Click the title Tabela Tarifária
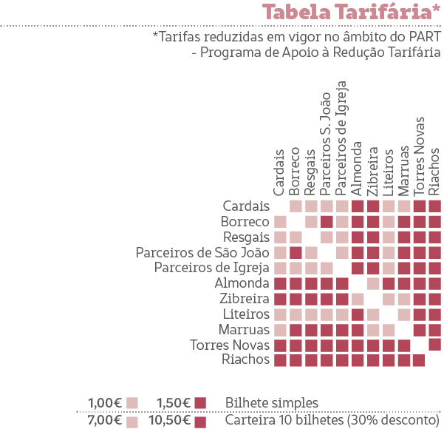tap(351, 12)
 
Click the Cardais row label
tap(246, 206)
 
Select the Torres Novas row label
tap(230, 345)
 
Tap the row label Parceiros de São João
tap(202, 252)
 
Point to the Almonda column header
tap(357, 169)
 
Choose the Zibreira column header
tap(372, 172)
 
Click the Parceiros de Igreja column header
tap(341, 138)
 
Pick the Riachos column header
tap(434, 172)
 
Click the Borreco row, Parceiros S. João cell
tap(327, 222)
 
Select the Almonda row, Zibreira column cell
tap(373, 283)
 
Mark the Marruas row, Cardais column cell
tap(280, 330)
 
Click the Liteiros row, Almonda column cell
tap(358, 314)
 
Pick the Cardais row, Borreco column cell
tap(296, 206)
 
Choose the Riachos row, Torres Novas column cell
tap(419, 360)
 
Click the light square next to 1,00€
tap(132, 403)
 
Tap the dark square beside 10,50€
tap(200, 422)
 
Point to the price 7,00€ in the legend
tap(105, 420)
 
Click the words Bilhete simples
tap(272, 403)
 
